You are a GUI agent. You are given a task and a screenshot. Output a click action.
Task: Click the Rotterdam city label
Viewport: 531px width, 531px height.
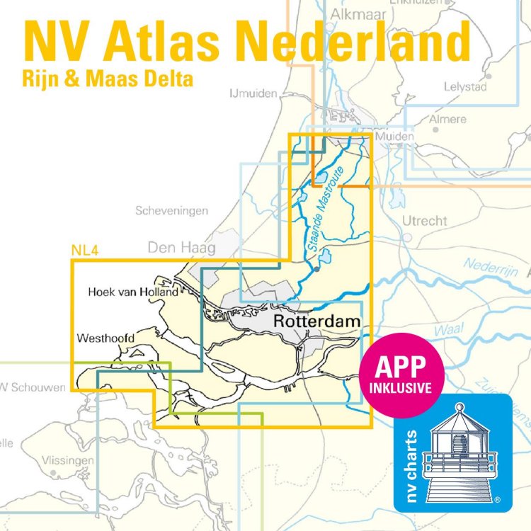[316, 321]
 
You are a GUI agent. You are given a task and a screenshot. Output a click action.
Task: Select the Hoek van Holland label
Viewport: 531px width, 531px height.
[133, 291]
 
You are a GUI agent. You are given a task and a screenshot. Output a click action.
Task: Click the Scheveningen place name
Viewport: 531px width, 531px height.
[172, 211]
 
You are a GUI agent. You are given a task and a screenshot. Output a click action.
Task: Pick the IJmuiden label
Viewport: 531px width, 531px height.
[253, 93]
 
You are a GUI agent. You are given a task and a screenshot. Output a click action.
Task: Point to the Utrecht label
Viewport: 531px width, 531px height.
[425, 221]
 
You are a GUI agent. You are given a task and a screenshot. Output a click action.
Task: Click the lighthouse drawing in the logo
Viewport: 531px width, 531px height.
[461, 454]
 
